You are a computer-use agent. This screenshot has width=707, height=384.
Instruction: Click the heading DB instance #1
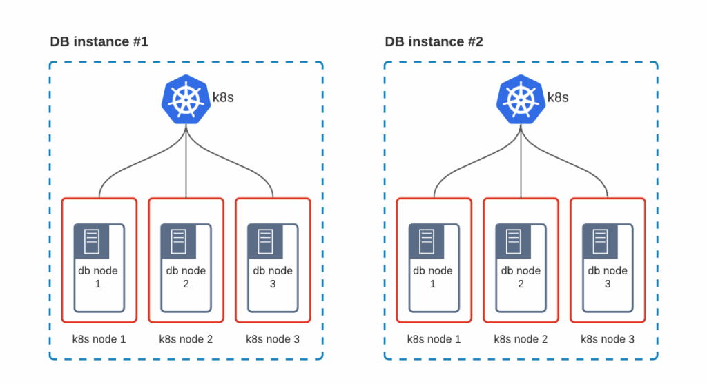click(99, 42)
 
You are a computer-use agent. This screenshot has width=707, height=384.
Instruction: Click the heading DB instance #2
click(434, 42)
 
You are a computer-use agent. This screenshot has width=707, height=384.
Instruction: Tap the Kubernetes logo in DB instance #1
click(185, 99)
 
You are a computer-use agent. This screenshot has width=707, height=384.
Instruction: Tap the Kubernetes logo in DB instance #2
click(520, 99)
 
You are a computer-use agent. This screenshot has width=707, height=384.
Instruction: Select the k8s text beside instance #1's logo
click(222, 97)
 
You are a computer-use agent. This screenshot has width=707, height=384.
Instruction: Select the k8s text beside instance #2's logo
click(557, 97)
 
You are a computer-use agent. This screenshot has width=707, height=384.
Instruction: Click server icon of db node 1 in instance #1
click(92, 241)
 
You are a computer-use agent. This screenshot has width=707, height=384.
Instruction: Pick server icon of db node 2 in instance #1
click(179, 241)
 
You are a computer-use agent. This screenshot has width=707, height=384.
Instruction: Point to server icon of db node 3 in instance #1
click(266, 241)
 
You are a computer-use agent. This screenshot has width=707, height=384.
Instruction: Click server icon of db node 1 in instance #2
click(427, 241)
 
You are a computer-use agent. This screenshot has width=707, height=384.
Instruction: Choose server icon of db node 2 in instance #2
click(514, 241)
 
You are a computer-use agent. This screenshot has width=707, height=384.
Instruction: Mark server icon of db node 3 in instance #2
click(601, 241)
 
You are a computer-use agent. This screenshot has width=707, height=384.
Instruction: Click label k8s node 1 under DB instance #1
click(99, 339)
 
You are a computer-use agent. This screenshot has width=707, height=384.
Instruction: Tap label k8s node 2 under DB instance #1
click(186, 339)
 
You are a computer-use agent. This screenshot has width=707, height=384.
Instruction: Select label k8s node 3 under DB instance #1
click(273, 339)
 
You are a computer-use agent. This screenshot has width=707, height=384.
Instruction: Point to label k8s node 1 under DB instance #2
click(434, 339)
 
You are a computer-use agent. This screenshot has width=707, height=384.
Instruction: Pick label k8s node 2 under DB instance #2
click(521, 339)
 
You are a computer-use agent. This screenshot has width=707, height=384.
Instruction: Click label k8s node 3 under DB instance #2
click(608, 339)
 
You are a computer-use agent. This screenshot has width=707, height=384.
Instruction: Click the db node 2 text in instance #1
click(186, 277)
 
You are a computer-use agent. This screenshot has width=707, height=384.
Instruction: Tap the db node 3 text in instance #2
click(608, 277)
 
